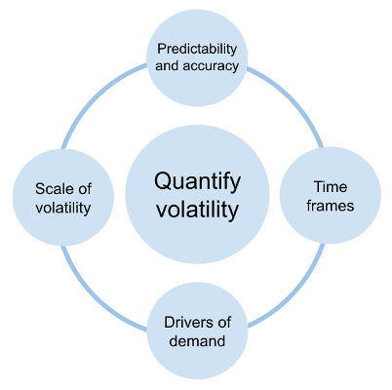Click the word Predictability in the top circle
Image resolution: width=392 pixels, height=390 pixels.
coord(198,48)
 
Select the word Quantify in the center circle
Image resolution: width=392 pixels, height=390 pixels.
coord(198,181)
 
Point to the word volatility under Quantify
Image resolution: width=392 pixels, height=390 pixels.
coord(198,208)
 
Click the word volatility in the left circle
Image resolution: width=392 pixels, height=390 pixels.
coord(64,207)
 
